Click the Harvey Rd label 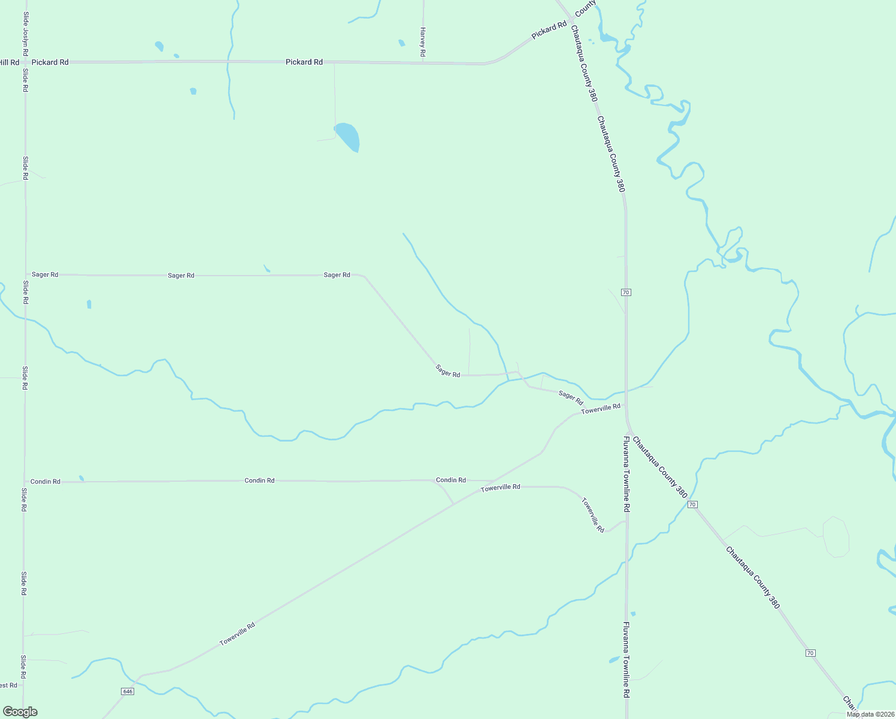[x=422, y=42]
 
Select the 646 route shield [x=127, y=691]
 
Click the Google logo [x=20, y=711]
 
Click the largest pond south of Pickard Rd [x=348, y=137]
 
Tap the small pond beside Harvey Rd [x=401, y=43]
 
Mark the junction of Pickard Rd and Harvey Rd [x=423, y=62]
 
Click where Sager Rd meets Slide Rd [x=25, y=274]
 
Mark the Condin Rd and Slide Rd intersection [x=25, y=481]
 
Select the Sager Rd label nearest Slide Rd [x=45, y=274]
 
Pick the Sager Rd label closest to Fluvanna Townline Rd [x=570, y=397]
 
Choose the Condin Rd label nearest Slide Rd [x=45, y=481]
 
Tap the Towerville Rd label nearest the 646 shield [x=237, y=633]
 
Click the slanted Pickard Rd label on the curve [x=549, y=31]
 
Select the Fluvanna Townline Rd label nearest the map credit [x=626, y=659]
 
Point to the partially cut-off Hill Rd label [x=9, y=62]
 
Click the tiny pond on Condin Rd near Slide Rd [x=81, y=478]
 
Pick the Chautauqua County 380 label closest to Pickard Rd [x=583, y=63]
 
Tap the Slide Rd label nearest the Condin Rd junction [x=24, y=499]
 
